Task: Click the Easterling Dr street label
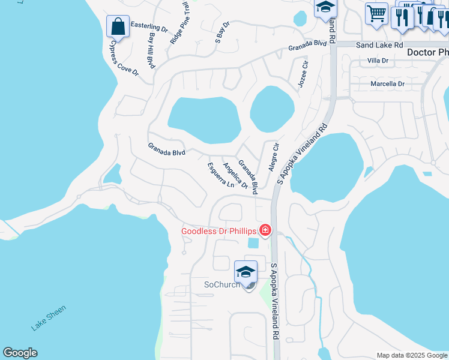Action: (149, 28)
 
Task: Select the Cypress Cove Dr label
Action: (123, 57)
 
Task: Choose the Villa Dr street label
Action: (378, 61)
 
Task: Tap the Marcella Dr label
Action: (387, 84)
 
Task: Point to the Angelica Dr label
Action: (235, 176)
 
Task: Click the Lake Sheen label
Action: (49, 317)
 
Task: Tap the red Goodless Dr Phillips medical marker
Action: (265, 230)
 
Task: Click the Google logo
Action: (20, 353)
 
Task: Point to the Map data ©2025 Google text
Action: (412, 355)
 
